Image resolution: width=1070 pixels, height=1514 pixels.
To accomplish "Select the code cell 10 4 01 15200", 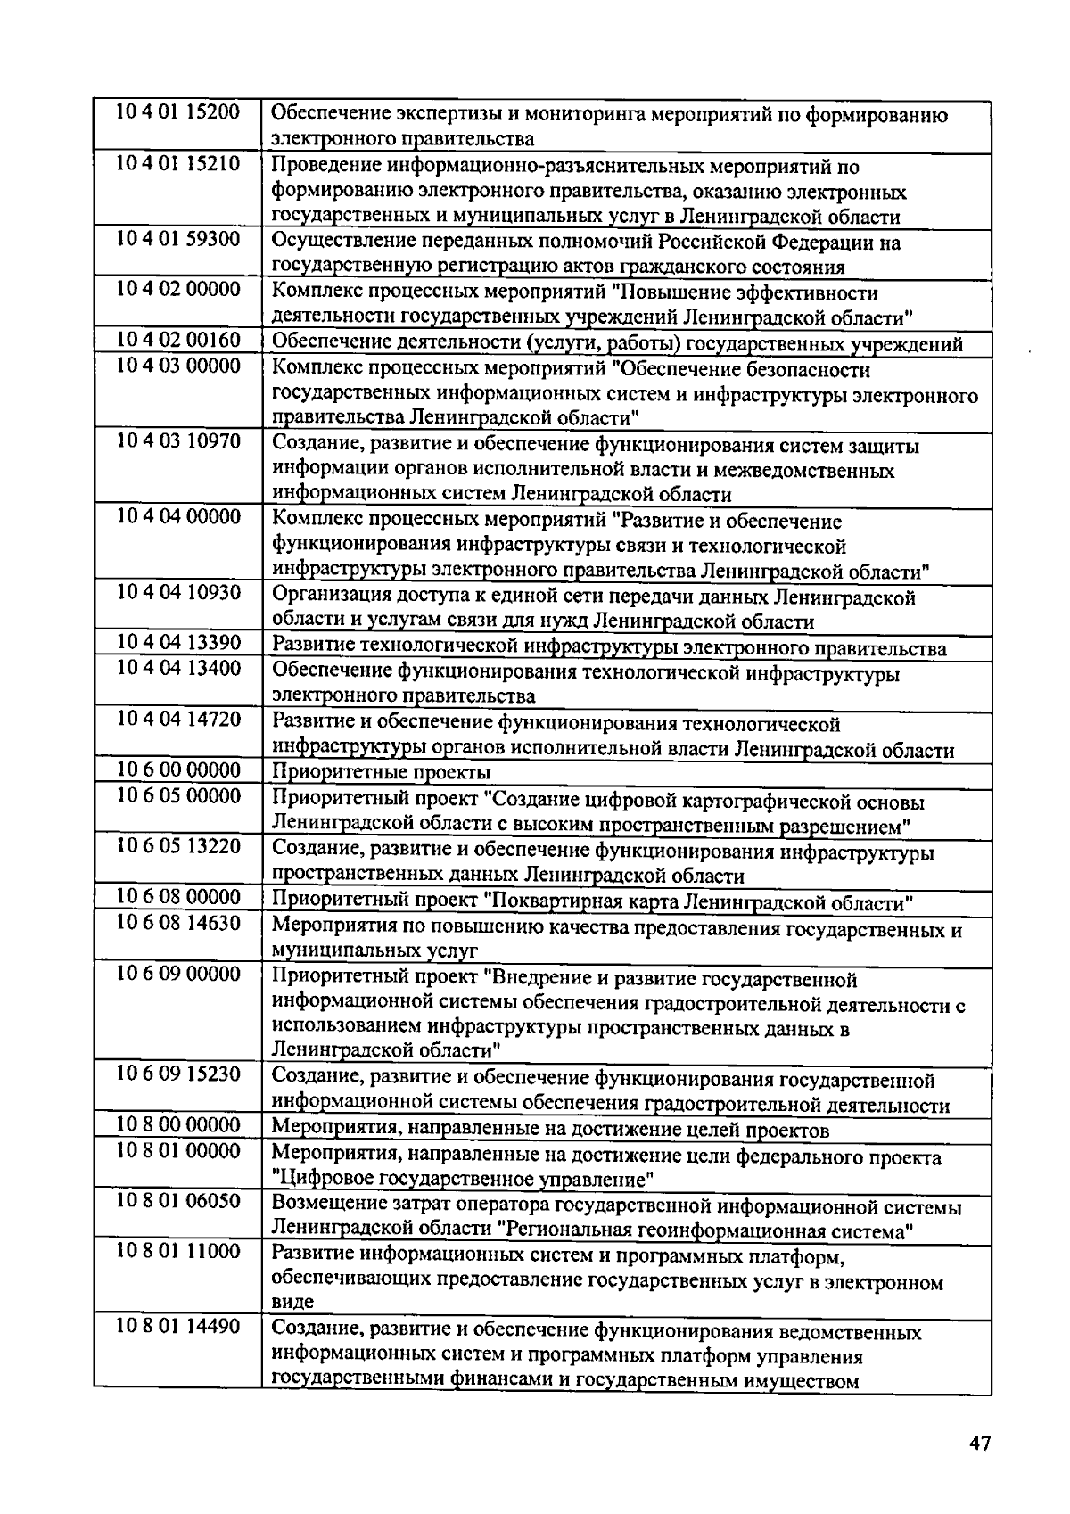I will pyautogui.click(x=178, y=113).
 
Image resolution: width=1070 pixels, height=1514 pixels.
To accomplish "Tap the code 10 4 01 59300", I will pyautogui.click(x=178, y=241).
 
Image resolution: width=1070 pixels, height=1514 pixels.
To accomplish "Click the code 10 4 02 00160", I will pyautogui.click(x=178, y=341).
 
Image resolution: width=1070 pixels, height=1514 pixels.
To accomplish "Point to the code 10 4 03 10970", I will pyautogui.click(x=178, y=443).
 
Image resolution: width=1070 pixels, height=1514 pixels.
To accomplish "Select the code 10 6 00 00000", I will pyautogui.click(x=178, y=769).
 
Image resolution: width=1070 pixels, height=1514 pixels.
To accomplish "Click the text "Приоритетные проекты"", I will pyautogui.click(x=381, y=772).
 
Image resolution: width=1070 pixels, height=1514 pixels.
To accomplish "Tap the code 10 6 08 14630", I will pyautogui.click(x=178, y=924).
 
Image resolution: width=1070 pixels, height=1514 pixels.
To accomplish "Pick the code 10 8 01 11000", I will pyautogui.click(x=178, y=1253).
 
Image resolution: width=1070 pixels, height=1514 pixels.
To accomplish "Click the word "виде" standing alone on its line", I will pyautogui.click(x=292, y=1303).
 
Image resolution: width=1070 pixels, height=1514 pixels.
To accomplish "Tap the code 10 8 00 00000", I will pyautogui.click(x=178, y=1126).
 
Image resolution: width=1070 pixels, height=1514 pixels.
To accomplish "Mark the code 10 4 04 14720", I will pyautogui.click(x=178, y=720).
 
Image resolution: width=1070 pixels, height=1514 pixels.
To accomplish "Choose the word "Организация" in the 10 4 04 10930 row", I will pyautogui.click(x=328, y=597).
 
